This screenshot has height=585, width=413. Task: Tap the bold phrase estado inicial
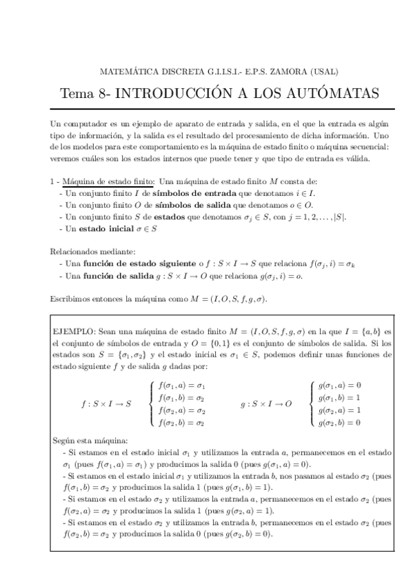tap(105, 228)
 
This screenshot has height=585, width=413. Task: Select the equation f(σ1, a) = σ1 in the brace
tap(181, 386)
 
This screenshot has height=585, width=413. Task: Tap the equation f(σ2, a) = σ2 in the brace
tap(181, 410)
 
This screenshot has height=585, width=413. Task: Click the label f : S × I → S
tap(105, 404)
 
